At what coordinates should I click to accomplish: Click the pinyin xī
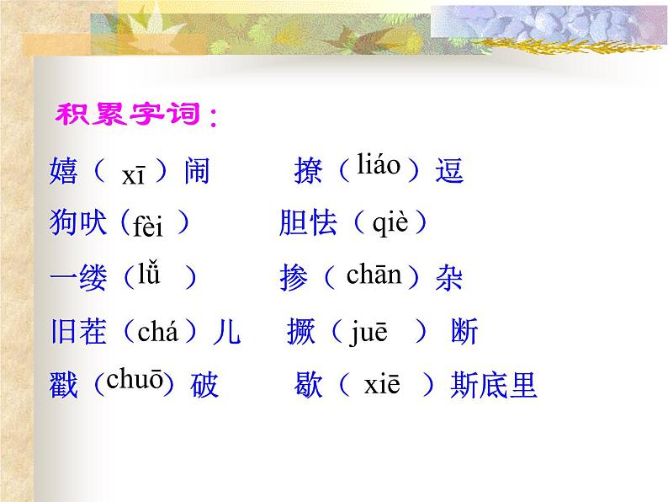133,174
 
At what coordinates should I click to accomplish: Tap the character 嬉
64,172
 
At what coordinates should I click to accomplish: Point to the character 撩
308,172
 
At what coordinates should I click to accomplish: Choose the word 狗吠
79,223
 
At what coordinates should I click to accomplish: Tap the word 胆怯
308,223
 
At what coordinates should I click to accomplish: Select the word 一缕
79,279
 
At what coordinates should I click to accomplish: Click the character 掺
294,279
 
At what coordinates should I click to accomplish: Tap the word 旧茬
79,333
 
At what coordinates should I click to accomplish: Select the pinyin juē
370,332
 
